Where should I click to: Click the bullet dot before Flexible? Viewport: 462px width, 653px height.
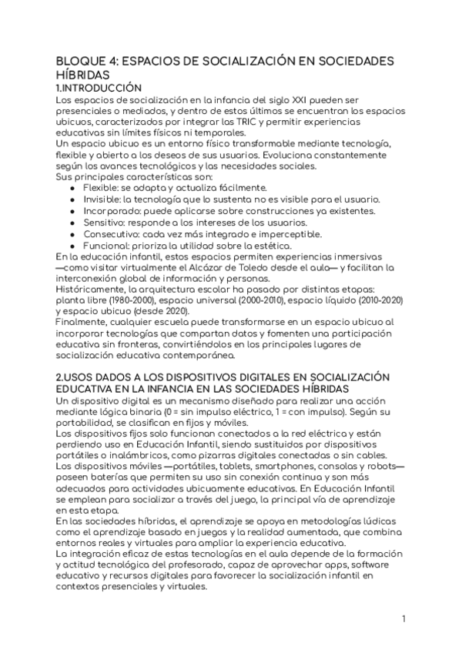[72, 187]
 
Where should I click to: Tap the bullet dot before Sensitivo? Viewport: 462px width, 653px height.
[72, 222]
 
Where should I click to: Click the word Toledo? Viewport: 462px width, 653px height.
[253, 267]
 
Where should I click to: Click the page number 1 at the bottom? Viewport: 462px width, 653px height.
[403, 619]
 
